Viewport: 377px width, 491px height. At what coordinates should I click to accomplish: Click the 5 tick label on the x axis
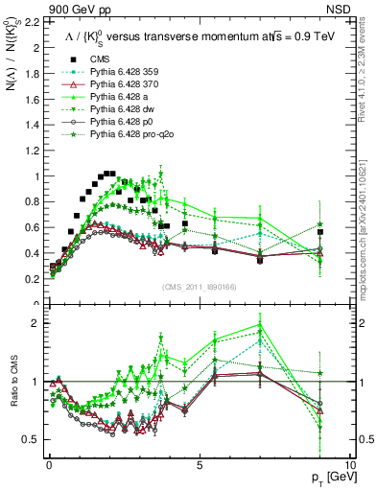point(199,463)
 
